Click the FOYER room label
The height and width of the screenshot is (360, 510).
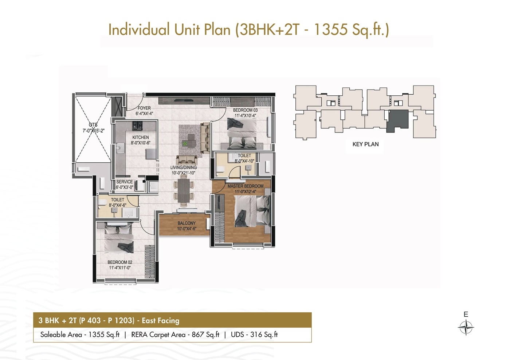click(x=144, y=108)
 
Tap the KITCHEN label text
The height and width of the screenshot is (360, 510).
click(x=141, y=138)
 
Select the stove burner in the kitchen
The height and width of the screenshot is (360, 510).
click(x=137, y=125)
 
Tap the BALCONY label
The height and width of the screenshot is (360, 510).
click(x=187, y=223)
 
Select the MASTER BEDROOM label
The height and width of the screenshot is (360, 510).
click(x=246, y=186)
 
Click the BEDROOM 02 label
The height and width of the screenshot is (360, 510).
click(x=120, y=262)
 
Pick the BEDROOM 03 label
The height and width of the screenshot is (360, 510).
click(x=245, y=110)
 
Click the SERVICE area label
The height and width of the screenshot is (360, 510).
click(x=124, y=182)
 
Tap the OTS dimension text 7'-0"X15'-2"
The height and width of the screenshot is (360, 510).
click(x=94, y=131)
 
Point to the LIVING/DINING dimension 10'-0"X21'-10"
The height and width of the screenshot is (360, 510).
click(x=183, y=173)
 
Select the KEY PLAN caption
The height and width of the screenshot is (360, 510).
click(x=365, y=144)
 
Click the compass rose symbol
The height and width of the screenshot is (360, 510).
click(x=466, y=328)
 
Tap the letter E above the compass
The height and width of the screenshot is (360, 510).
click(x=466, y=314)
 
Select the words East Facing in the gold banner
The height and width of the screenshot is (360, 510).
click(x=161, y=321)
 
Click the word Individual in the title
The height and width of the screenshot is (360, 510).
click(x=139, y=29)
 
